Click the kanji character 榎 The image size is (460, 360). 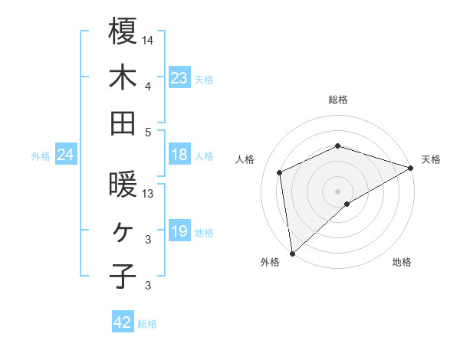(x=123, y=32)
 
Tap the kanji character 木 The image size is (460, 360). (x=123, y=77)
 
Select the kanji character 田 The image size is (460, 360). (x=123, y=123)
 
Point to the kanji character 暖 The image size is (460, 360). (x=123, y=185)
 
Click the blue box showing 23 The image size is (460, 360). (x=179, y=78)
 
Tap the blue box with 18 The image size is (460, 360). (x=179, y=155)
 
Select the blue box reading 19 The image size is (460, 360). (x=179, y=231)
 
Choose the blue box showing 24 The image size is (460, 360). (x=66, y=155)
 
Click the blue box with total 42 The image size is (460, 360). (x=123, y=322)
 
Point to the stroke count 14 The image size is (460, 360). (x=149, y=39)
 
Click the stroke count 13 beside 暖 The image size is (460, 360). (x=149, y=193)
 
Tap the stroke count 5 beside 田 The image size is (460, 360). (x=148, y=132)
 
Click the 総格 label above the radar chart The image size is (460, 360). (x=337, y=100)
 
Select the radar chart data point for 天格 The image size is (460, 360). (x=412, y=169)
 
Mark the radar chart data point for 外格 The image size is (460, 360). (x=292, y=254)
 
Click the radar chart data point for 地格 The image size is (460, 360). (x=347, y=204)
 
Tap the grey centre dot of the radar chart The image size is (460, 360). (x=337, y=190)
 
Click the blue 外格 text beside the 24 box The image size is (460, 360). (x=41, y=155)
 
